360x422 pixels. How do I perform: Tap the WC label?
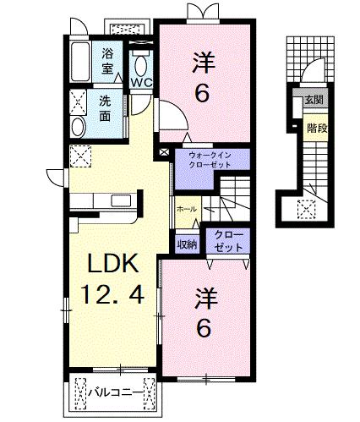[140, 83]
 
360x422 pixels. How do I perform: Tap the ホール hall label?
[188, 209]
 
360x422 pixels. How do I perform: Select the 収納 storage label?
[187, 244]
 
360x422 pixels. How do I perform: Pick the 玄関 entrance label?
[314, 100]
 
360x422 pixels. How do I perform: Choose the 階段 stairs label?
[317, 129]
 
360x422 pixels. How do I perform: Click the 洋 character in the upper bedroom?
[201, 63]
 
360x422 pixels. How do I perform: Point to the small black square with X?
[164, 153]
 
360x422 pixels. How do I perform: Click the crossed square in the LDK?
[81, 155]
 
